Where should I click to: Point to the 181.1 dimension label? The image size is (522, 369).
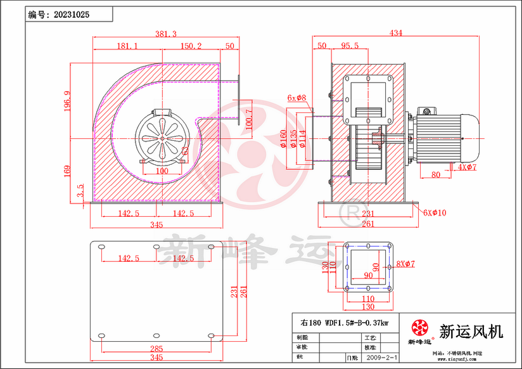(127, 46)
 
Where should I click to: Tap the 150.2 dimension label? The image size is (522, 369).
(191, 46)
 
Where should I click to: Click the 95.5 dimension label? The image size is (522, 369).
(350, 46)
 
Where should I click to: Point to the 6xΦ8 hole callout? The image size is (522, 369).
(296, 98)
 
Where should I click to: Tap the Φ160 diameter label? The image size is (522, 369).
(283, 139)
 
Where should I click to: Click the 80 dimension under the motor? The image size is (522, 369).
(436, 174)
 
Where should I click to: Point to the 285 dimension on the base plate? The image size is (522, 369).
(156, 349)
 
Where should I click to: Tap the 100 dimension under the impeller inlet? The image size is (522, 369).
(162, 171)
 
